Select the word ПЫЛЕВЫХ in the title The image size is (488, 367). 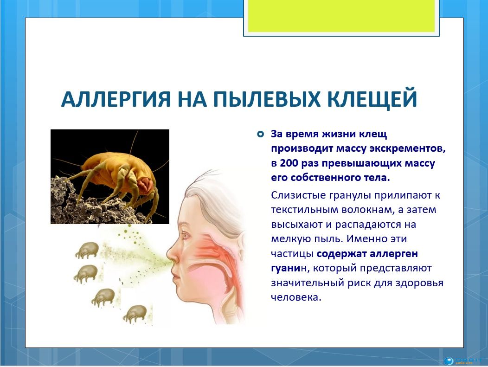click(262, 99)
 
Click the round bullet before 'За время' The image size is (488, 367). click(261, 134)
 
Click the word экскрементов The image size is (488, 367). click(407, 149)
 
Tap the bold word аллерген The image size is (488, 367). click(394, 254)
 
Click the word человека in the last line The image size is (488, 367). click(295, 297)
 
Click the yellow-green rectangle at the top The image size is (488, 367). click(341, 16)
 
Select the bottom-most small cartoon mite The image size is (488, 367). click(135, 315)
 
